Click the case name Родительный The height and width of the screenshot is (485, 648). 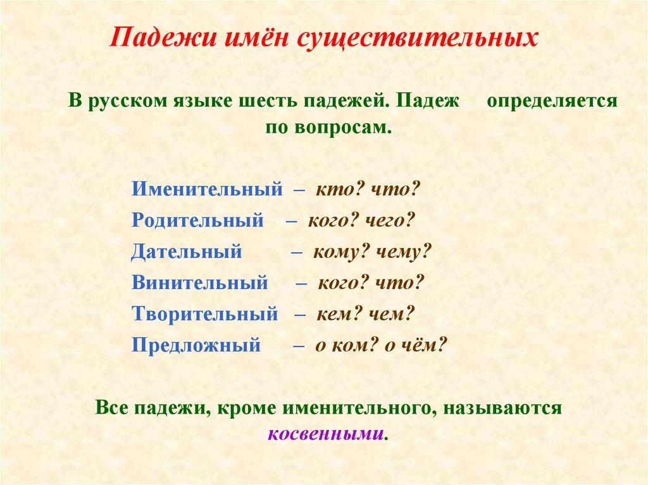tap(197, 220)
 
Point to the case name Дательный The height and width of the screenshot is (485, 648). tap(187, 251)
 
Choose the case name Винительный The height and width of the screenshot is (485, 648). tap(200, 283)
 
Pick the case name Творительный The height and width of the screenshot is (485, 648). tap(205, 314)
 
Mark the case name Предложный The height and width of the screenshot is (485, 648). tap(196, 345)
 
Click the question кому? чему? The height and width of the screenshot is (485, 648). tap(371, 251)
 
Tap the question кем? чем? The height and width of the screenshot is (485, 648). tap(364, 314)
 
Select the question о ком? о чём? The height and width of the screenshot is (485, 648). tap(381, 345)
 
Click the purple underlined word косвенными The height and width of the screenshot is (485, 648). tap(326, 435)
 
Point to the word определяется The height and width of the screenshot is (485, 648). tap(552, 101)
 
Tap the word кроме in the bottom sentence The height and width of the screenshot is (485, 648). tap(244, 408)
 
